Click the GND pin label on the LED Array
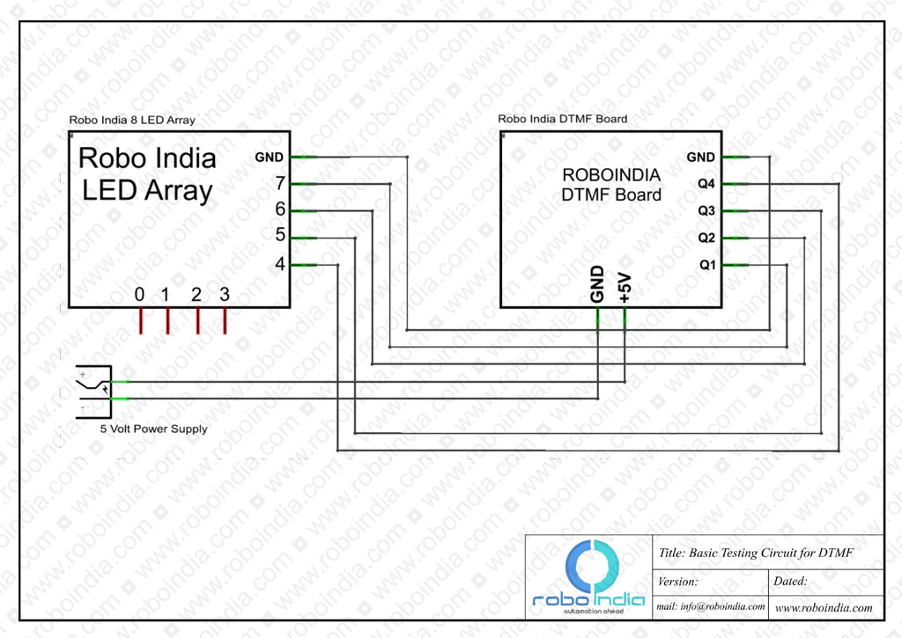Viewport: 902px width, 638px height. pyautogui.click(x=269, y=157)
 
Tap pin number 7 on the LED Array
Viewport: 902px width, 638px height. pyautogui.click(x=280, y=183)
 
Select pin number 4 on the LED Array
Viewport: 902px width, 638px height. pyautogui.click(x=280, y=263)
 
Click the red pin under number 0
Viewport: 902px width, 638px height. pyautogui.click(x=141, y=320)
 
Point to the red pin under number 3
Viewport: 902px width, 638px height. pyautogui.click(x=225, y=320)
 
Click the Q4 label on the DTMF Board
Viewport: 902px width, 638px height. pyautogui.click(x=706, y=183)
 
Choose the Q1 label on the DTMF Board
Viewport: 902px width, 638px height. pyautogui.click(x=707, y=264)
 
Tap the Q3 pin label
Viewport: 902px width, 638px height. pyautogui.click(x=706, y=210)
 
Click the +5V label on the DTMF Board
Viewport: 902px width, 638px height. pyautogui.click(x=625, y=288)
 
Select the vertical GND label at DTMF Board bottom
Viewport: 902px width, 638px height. pyautogui.click(x=597, y=284)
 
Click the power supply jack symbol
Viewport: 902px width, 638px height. pyautogui.click(x=93, y=392)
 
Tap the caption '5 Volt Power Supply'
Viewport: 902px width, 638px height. pyautogui.click(x=153, y=429)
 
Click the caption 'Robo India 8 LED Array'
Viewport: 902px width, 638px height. pyautogui.click(x=132, y=121)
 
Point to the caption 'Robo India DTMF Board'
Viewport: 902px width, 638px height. pyautogui.click(x=563, y=119)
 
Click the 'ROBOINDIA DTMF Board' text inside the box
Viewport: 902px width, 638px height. pyautogui.click(x=611, y=185)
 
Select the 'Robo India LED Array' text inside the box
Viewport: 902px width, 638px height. pyautogui.click(x=147, y=174)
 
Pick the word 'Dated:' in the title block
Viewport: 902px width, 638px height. pyautogui.click(x=790, y=581)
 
